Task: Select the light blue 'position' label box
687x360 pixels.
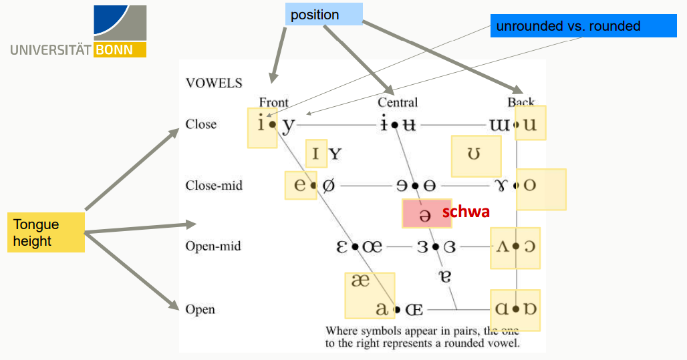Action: pos(324,15)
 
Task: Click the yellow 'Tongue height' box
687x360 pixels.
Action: pos(47,232)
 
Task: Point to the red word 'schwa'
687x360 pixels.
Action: pos(466,212)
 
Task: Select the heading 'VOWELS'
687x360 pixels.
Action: pos(214,83)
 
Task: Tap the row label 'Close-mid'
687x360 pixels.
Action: pos(214,185)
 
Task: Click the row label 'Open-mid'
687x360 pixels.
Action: pos(213,246)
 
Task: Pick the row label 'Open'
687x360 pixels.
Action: pos(200,309)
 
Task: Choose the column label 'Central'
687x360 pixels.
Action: pos(398,102)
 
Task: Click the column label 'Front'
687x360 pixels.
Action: pos(273,102)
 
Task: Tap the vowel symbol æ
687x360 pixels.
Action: pos(360,281)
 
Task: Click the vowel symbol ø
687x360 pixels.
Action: pos(328,185)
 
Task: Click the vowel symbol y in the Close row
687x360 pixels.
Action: pos(287,124)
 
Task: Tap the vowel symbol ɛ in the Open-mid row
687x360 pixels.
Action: pos(342,246)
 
